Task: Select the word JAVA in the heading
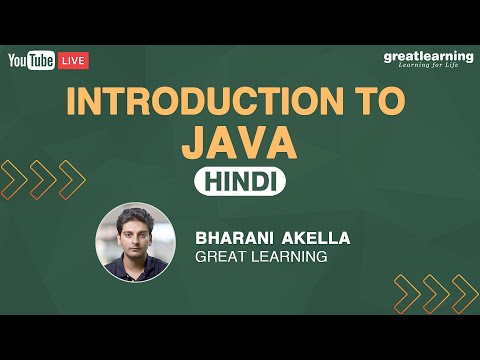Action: pyautogui.click(x=240, y=142)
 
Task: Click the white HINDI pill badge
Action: pyautogui.click(x=240, y=181)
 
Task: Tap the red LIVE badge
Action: pyautogui.click(x=74, y=61)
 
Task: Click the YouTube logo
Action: pyautogui.click(x=31, y=61)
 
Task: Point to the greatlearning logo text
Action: pyautogui.click(x=428, y=57)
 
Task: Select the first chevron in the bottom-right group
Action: pyautogui.click(x=407, y=294)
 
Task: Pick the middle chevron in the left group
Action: pyautogui.click(x=43, y=180)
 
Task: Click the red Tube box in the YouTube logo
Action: pyautogui.click(x=42, y=61)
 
